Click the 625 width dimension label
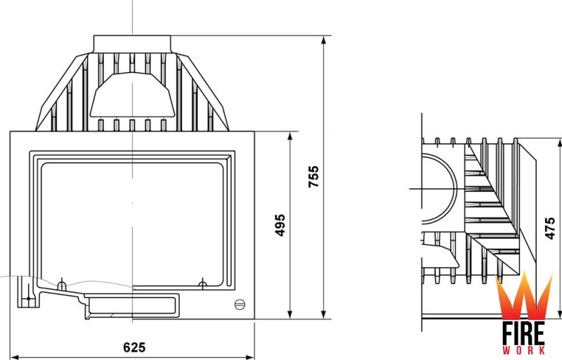coord(134,347)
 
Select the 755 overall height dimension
coord(313,176)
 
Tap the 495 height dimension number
coord(280,225)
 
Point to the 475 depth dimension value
coord(550,228)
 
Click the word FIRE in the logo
coord(523,333)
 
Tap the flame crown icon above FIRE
coord(523,295)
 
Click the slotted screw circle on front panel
coord(240,304)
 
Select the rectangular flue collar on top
coord(132,44)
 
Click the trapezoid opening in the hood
coord(132,94)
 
